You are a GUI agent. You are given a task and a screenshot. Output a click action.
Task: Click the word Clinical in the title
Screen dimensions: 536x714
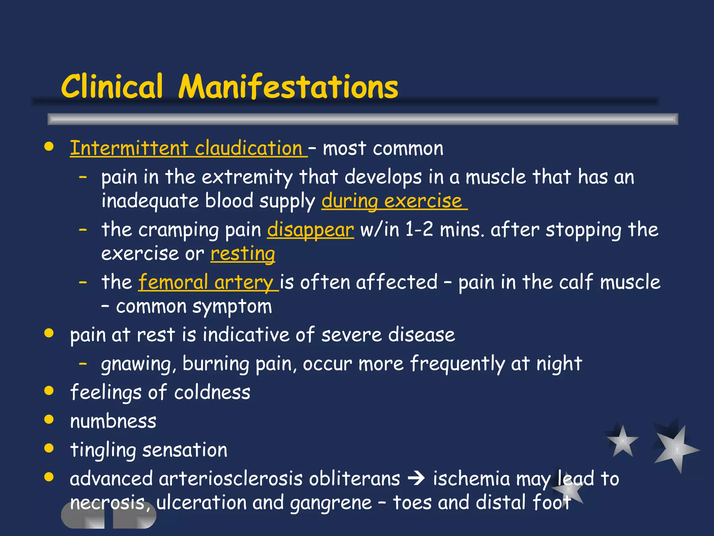point(112,87)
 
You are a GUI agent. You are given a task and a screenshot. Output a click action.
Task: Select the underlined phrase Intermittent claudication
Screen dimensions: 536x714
point(187,148)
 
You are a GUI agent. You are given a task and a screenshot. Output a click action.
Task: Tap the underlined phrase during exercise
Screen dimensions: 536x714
point(392,201)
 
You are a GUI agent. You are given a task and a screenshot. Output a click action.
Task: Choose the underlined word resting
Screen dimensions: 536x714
point(243,254)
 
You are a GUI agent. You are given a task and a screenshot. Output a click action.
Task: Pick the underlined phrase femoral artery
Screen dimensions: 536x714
point(206,282)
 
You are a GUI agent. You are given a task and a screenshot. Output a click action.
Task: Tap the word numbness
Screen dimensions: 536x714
point(113,421)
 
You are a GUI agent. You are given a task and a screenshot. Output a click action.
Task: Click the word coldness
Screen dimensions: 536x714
point(212,393)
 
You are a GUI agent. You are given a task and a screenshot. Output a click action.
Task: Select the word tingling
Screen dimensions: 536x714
point(103,450)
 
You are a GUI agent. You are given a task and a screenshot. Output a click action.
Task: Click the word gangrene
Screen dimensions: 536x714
point(331,503)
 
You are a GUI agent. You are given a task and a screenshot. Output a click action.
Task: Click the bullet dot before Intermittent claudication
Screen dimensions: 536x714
point(49,147)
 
